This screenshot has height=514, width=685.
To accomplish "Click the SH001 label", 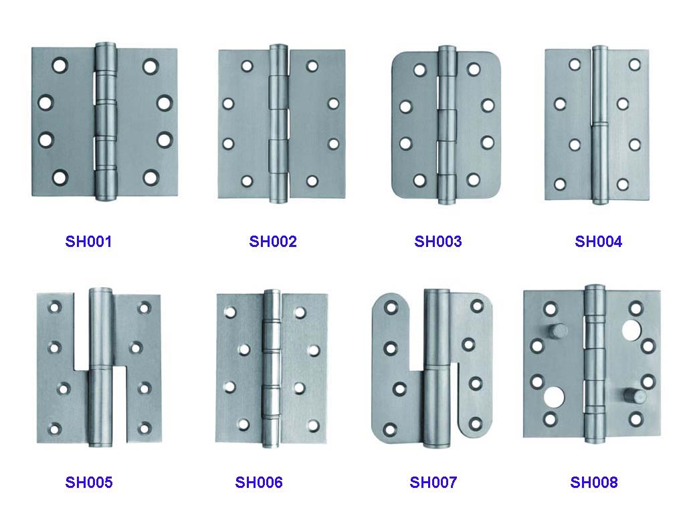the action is pos(88,241).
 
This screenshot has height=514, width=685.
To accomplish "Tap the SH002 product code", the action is pos(273,241).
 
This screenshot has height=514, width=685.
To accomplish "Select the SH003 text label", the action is pos(437,241).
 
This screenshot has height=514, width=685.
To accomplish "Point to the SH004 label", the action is pos(598,241).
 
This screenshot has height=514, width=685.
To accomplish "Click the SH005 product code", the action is pos(89,482).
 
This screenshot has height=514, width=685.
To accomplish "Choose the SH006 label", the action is pos(259,482).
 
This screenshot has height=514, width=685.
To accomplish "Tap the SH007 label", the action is pos(433,482).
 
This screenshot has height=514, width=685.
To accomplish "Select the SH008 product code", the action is pos(594,482).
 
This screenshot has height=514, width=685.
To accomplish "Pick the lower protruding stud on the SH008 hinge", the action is pos(635,396).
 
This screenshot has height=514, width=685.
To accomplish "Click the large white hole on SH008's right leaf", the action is pos(631,330).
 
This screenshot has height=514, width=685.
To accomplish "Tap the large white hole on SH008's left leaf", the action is pos(554,396).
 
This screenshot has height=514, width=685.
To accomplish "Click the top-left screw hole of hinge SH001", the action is pos(60,66).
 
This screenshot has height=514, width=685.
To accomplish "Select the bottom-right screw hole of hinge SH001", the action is pos(150,177).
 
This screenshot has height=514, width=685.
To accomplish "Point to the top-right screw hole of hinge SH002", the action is pos(312,66).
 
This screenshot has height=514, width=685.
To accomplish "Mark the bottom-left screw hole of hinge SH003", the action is pos(419,180).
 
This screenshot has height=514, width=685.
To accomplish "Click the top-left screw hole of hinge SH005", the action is pos(55,307).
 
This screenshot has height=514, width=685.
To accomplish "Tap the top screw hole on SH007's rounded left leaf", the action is pos(391,308).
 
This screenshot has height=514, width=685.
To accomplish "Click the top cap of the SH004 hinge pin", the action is pos(600,48).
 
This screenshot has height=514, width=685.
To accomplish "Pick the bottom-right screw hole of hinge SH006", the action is pos(313,425).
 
